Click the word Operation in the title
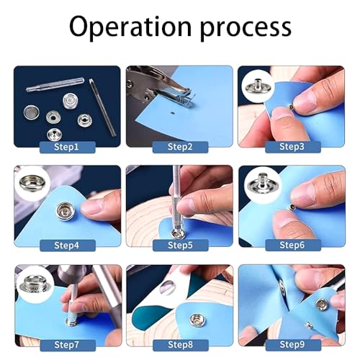pyautogui.click(x=130, y=26)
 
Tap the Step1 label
pyautogui.click(x=68, y=147)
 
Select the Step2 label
pyautogui.click(x=180, y=147)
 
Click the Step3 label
pyautogui.click(x=293, y=147)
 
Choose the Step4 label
pyautogui.click(x=68, y=246)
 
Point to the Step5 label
pyautogui.click(x=180, y=246)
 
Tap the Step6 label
pyautogui.click(x=293, y=246)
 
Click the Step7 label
pyautogui.click(x=68, y=345)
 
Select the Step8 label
pyautogui.click(x=181, y=345)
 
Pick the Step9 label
pyautogui.click(x=293, y=345)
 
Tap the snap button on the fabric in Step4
pyautogui.click(x=66, y=211)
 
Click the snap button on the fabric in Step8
pyautogui.click(x=196, y=320)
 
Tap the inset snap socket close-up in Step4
pyautogui.click(x=32, y=181)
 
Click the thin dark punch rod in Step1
pyautogui.click(x=102, y=107)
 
